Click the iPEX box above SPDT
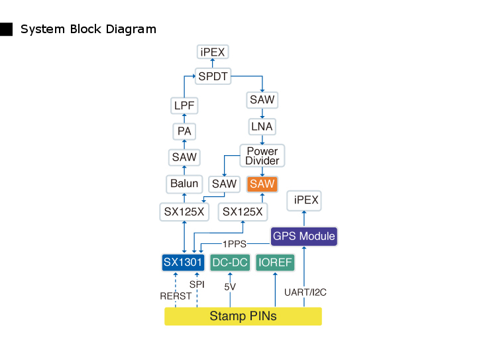pyautogui.click(x=213, y=52)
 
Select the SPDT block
pyautogui.click(x=213, y=76)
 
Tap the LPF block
pyautogui.click(x=184, y=105)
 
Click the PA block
pyautogui.click(x=184, y=131)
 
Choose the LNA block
pyautogui.click(x=262, y=126)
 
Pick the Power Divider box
pyautogui.click(x=262, y=156)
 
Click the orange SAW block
pyautogui.click(x=262, y=184)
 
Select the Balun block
pyautogui.click(x=184, y=184)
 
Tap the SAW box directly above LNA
pyautogui.click(x=262, y=100)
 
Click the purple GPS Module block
pyautogui.click(x=304, y=236)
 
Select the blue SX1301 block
pyautogui.click(x=182, y=263)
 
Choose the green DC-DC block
pyautogui.click(x=229, y=263)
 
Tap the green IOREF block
pyautogui.click(x=275, y=263)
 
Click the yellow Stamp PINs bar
pyautogui.click(x=243, y=316)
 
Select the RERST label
pyautogui.click(x=175, y=296)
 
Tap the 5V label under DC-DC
pyautogui.click(x=230, y=287)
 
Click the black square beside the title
pyautogui.click(x=7, y=29)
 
